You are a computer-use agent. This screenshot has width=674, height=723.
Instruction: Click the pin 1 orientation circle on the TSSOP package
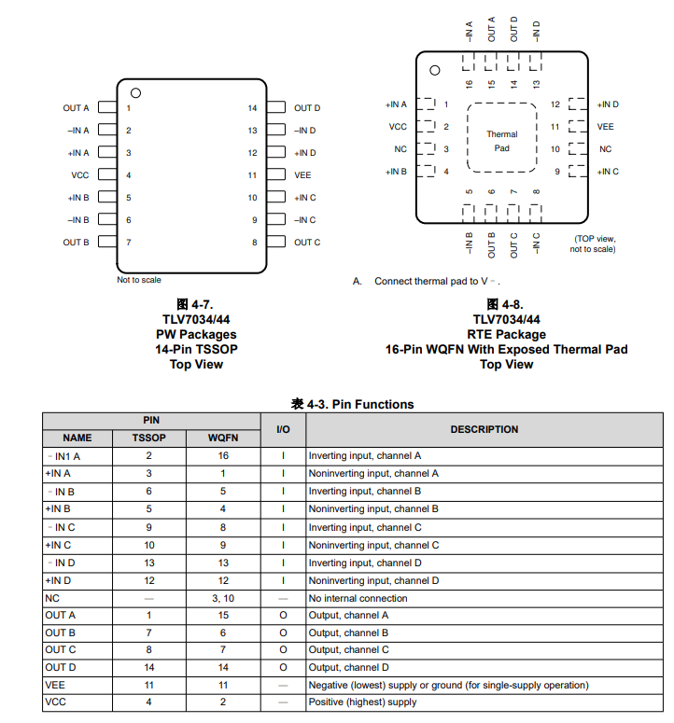coord(135,92)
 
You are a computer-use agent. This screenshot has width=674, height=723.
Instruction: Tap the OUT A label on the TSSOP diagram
coord(77,108)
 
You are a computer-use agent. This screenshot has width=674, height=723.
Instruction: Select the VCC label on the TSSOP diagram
coord(80,175)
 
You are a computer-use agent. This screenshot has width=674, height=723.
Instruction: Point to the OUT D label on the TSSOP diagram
coord(307,108)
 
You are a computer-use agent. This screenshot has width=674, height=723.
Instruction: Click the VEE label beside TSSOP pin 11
coord(302,175)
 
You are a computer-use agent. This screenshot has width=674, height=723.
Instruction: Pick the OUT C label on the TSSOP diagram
coord(307,243)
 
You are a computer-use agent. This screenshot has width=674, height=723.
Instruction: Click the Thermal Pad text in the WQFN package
coord(501,141)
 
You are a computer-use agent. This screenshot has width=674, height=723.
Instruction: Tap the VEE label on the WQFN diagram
coord(606,127)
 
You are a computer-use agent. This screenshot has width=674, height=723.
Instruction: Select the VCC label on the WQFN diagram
coord(398,127)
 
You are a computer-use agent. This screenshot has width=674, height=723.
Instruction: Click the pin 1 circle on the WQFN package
coord(434,71)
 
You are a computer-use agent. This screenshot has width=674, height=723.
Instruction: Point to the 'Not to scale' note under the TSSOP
coord(139,280)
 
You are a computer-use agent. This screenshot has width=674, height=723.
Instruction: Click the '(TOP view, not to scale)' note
coord(593,243)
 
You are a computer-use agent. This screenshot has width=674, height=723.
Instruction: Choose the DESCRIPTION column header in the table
coord(484,429)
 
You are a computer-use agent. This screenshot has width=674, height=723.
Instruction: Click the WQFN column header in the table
coord(223,438)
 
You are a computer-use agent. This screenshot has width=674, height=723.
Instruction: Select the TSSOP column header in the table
coord(148,438)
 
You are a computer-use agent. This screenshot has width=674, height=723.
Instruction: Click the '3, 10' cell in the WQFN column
coord(223,598)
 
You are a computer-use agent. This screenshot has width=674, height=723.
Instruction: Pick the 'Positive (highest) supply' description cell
coord(362,702)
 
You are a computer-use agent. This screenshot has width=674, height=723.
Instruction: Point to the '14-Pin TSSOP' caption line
coord(196,349)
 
